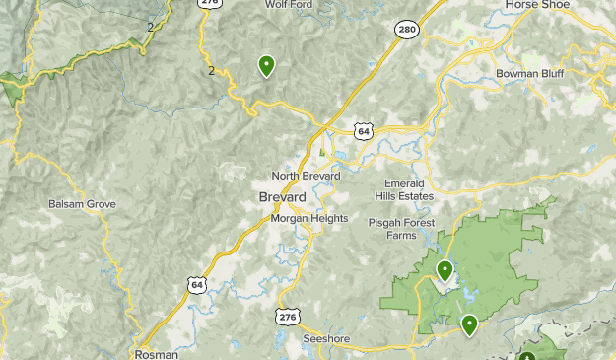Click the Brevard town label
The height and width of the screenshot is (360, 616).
click(x=282, y=197)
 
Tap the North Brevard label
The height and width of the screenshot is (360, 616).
click(x=306, y=176)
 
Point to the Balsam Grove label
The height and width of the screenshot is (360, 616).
click(x=82, y=204)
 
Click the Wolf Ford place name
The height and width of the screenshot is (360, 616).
click(x=290, y=5)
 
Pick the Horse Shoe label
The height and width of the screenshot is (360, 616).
click(x=538, y=5)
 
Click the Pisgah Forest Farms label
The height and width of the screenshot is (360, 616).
click(x=402, y=229)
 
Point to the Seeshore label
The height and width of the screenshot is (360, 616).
click(x=326, y=337)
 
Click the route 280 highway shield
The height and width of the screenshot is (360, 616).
click(x=407, y=30)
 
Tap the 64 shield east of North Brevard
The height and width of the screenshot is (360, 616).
click(x=364, y=131)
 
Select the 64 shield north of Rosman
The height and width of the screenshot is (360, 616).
click(x=194, y=285)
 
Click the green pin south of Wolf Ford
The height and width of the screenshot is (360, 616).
click(x=266, y=66)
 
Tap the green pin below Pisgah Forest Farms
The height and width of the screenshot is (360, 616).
click(x=445, y=270)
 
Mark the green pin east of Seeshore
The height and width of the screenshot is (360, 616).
click(x=469, y=324)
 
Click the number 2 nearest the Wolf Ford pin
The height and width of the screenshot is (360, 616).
click(x=211, y=70)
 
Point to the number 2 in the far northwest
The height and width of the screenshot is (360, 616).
click(x=150, y=27)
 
